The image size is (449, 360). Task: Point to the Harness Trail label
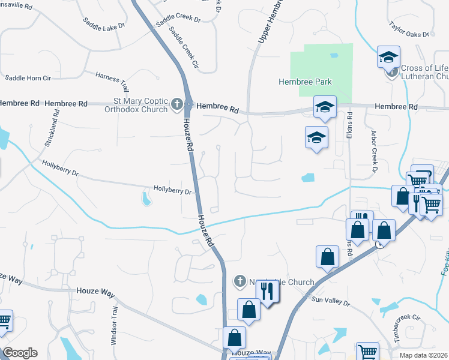(112, 82)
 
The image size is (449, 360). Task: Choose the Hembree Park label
(306, 82)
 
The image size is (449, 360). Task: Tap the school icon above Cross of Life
(388, 58)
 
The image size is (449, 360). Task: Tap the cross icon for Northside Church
(240, 281)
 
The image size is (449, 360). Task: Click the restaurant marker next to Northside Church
(268, 292)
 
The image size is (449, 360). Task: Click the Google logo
(20, 353)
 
